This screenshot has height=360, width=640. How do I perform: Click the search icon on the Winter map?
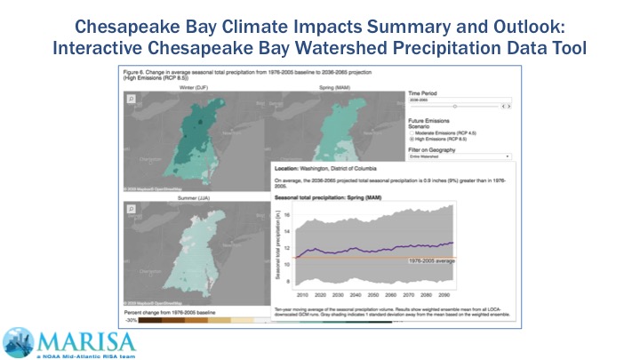pos(132,100)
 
